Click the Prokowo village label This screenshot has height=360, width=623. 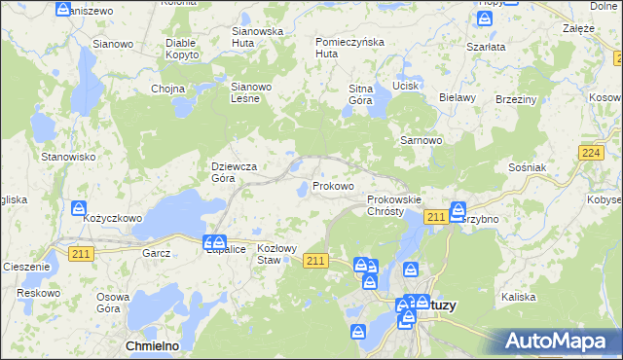333,186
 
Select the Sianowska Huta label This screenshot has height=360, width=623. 257,36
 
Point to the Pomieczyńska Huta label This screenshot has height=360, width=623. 350,48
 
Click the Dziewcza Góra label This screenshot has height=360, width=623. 235,172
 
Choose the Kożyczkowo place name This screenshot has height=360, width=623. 112,219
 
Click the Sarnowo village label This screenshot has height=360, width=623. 421,140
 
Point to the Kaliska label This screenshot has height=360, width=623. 519,296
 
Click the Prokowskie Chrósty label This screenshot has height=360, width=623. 393,205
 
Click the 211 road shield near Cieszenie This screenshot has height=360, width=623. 82,254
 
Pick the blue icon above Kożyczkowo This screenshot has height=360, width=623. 80,206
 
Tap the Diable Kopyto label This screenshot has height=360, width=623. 182,49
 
